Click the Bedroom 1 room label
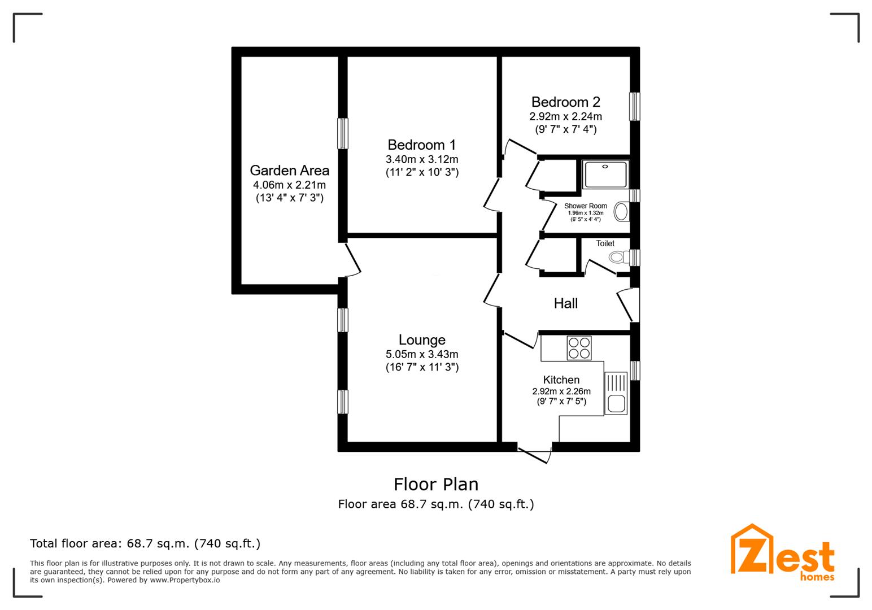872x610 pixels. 421,145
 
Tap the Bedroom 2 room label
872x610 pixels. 565,102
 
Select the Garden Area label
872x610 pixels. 289,171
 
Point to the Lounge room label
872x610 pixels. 421,340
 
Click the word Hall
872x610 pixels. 566,303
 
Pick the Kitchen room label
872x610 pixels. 561,380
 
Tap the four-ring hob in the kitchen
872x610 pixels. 579,348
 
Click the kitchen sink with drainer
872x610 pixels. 616,393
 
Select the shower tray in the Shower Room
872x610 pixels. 605,175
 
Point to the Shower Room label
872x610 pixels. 586,206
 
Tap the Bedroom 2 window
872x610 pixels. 635,106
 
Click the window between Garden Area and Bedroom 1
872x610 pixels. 343,133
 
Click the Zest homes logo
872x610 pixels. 783,552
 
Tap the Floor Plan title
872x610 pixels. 436,485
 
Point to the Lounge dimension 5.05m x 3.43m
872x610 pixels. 421,354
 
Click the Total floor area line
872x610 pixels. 145,543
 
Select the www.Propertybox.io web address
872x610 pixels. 185,580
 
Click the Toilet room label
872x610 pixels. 605,243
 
